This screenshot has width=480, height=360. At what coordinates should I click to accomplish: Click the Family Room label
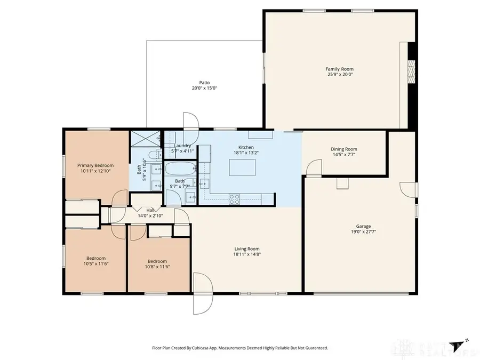[339, 69]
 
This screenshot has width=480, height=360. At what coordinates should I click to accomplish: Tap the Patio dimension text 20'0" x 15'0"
[204, 88]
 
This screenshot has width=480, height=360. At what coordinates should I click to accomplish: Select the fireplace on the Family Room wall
[411, 70]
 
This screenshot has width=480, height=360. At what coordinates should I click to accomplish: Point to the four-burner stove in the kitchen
[235, 199]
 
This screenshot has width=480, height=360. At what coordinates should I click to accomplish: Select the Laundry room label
[182, 146]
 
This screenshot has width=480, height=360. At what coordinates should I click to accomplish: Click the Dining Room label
[344, 149]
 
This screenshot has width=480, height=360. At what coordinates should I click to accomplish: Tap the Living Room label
[246, 249]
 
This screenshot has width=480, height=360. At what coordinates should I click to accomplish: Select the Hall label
[150, 210]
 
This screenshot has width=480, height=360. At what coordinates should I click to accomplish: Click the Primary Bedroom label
[95, 165]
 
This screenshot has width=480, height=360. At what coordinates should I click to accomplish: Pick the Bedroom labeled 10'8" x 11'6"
[158, 263]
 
